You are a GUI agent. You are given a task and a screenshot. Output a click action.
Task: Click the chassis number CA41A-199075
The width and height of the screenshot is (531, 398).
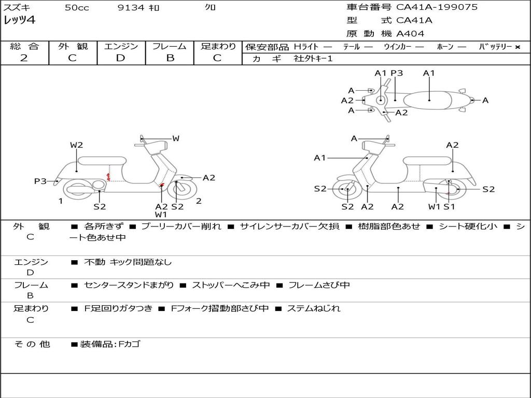click(x=437, y=7)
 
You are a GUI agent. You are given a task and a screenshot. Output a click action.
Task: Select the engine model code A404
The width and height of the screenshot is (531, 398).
click(x=410, y=34)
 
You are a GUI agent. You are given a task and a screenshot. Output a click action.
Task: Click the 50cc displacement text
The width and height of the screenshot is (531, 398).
click(x=77, y=8)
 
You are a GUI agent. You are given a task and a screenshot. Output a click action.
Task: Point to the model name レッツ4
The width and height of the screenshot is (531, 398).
click(x=19, y=21)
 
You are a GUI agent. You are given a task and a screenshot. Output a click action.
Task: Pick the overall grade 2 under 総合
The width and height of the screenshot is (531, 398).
click(x=24, y=58)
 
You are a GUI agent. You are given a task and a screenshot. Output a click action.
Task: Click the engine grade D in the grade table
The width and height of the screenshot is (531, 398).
click(x=121, y=58)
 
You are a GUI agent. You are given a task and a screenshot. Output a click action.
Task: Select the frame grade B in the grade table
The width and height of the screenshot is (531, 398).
click(x=170, y=58)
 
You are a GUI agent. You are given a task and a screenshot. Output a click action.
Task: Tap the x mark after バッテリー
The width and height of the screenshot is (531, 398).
click(x=518, y=47)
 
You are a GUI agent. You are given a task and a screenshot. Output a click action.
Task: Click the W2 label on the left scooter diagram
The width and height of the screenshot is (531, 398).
click(x=77, y=145)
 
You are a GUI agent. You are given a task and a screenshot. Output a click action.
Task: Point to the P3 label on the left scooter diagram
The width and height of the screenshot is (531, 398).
click(x=40, y=181)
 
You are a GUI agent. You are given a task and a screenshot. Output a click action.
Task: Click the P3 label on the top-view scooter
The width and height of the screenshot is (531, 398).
click(x=397, y=73)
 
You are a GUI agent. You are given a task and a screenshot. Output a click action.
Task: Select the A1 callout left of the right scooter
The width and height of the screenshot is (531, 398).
click(x=320, y=158)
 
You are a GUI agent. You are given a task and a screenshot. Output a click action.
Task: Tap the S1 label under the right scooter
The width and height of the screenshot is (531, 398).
click(x=449, y=207)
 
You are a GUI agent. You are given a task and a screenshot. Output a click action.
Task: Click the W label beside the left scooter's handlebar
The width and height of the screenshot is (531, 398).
click(x=176, y=138)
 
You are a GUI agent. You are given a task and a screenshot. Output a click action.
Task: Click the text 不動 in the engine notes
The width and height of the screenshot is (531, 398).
click(x=94, y=262)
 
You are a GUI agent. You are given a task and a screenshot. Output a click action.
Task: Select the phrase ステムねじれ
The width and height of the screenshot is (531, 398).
click(x=314, y=308)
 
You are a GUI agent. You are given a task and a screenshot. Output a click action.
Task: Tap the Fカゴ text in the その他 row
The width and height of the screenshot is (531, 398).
click(x=129, y=344)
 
